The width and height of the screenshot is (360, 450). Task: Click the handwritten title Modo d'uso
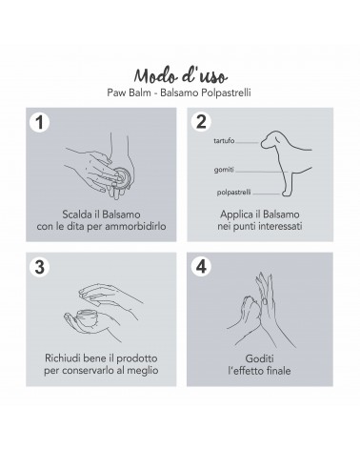(x=180, y=76)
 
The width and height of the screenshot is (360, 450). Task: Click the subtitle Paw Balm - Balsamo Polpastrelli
(x=179, y=92)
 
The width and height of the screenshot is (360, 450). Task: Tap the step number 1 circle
(x=39, y=122)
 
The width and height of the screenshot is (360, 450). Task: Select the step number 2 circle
(x=201, y=121)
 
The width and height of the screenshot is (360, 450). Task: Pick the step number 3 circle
(x=39, y=267)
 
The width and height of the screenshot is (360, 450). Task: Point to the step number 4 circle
(x=201, y=266)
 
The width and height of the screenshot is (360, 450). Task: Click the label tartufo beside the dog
(x=224, y=140)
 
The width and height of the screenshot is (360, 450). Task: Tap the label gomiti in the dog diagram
(x=224, y=170)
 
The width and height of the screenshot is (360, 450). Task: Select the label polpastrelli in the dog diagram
(x=234, y=193)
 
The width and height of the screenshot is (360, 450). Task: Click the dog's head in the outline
(x=273, y=140)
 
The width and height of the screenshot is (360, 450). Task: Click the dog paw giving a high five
(x=250, y=310)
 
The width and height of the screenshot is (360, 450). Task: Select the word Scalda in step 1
(x=76, y=215)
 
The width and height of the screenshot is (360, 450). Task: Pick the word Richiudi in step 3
(x=62, y=358)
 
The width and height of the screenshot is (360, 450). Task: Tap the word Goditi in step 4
(x=259, y=358)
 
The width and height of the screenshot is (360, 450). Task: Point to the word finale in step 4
(x=279, y=371)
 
